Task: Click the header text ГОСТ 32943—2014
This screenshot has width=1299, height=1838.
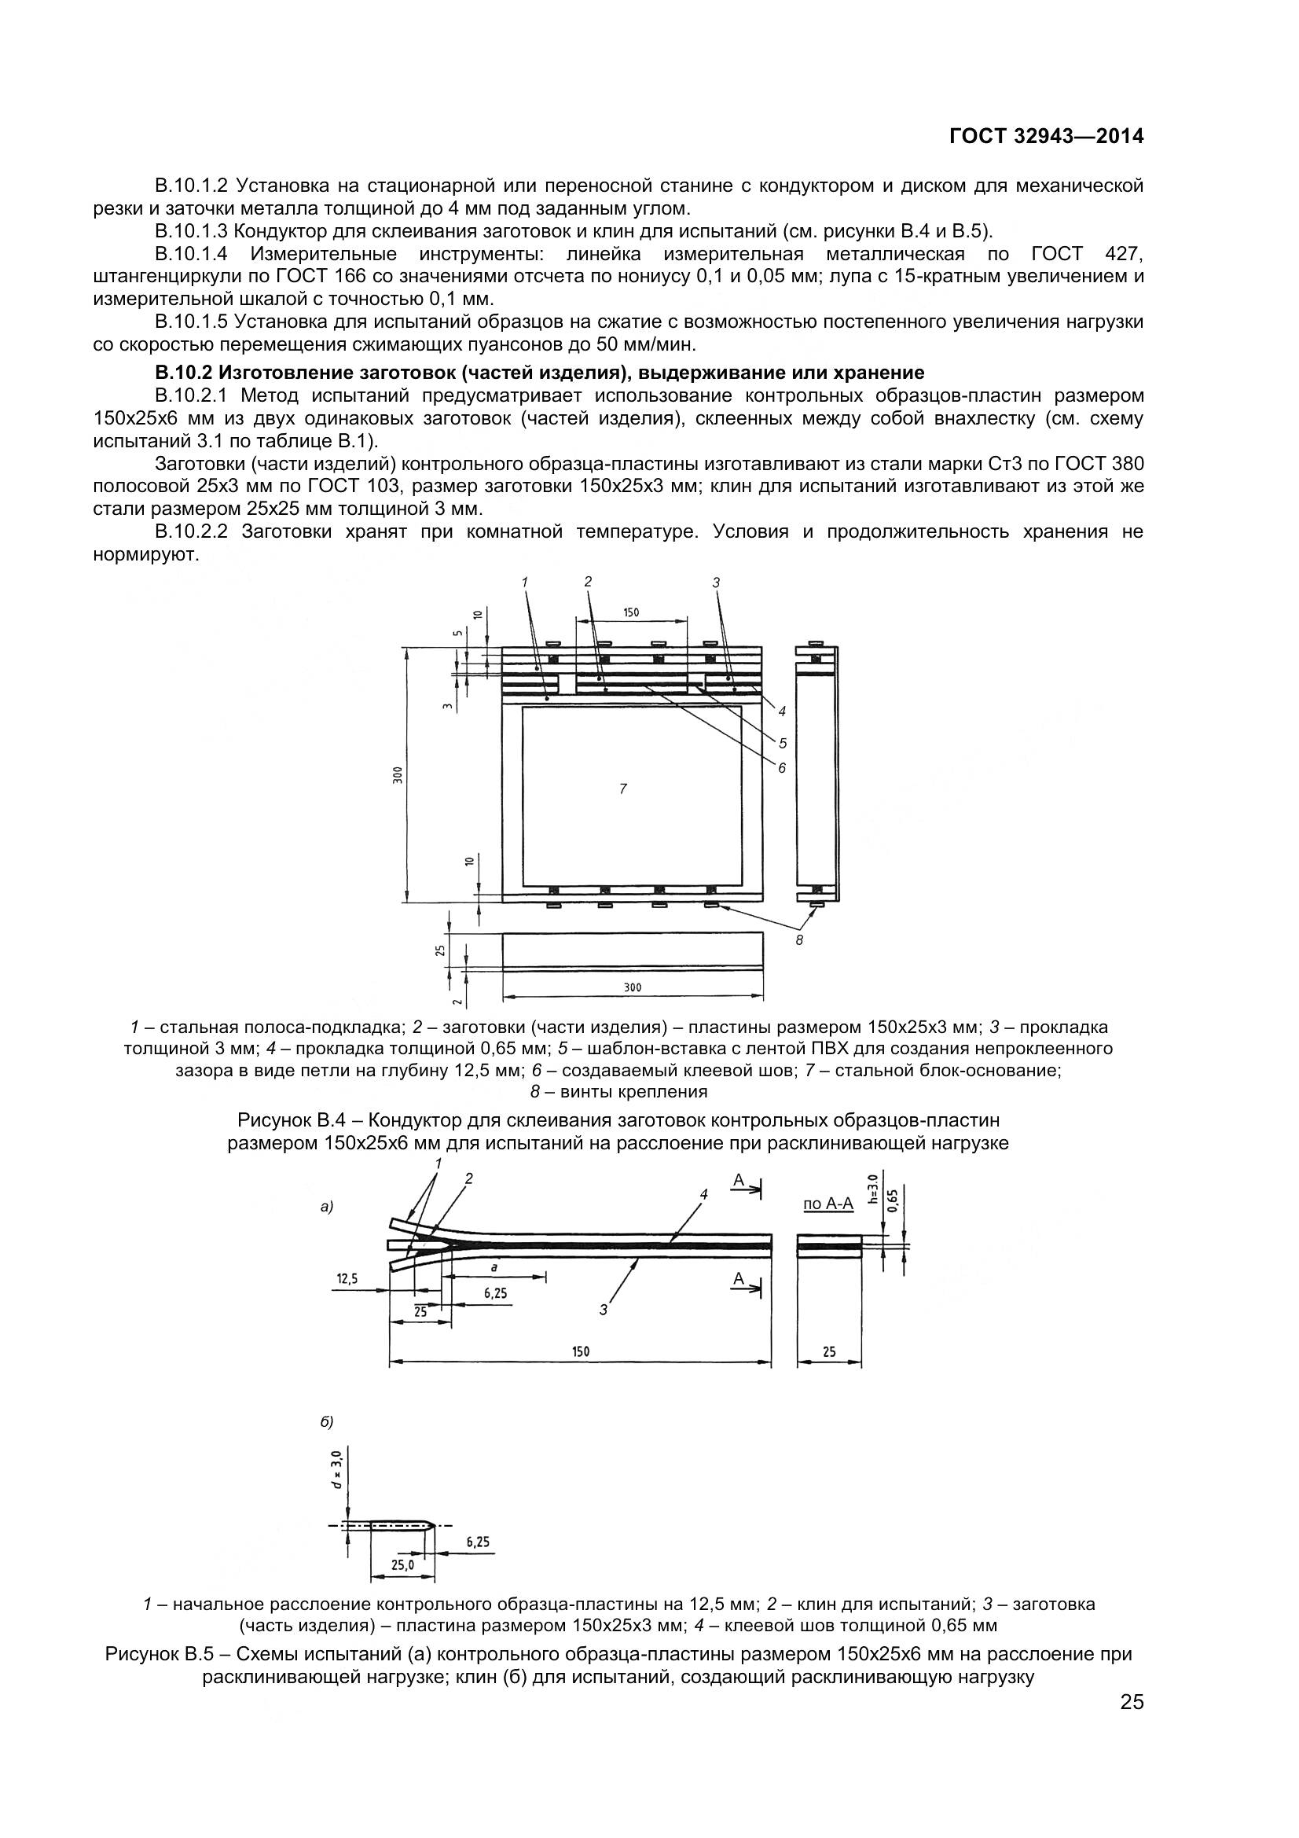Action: coord(1046,136)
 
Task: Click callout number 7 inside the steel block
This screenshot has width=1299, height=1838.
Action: coord(622,789)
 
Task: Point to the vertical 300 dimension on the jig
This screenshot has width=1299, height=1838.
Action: coord(398,775)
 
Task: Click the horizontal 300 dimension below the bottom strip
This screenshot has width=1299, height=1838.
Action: coord(633,988)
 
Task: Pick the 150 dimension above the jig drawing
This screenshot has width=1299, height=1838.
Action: coord(632,612)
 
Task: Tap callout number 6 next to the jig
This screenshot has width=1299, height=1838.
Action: coord(782,768)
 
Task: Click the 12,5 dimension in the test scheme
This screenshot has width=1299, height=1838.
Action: coord(347,1279)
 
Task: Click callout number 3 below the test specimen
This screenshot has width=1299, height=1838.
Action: coord(604,1310)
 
